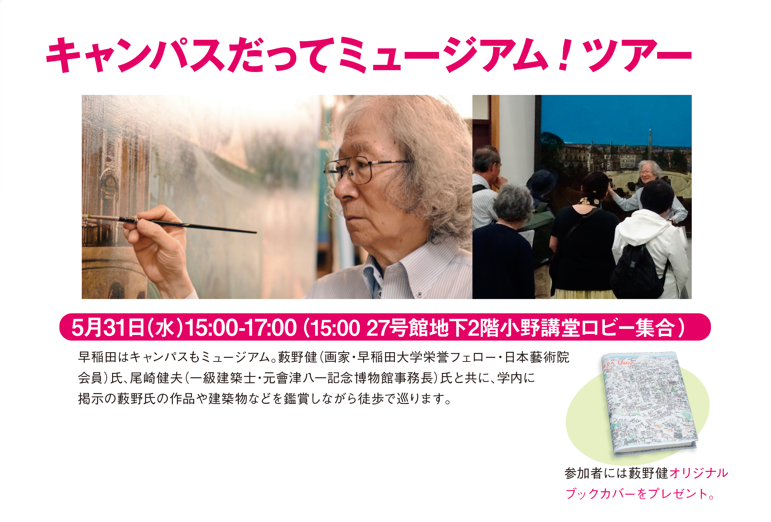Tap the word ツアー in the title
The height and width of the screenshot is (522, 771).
[637, 55]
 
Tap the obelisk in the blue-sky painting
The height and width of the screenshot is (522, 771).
[650, 141]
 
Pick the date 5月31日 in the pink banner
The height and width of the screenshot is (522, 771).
[108, 327]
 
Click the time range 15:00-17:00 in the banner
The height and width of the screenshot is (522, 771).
[240, 327]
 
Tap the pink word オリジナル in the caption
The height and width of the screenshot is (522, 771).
[699, 473]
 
